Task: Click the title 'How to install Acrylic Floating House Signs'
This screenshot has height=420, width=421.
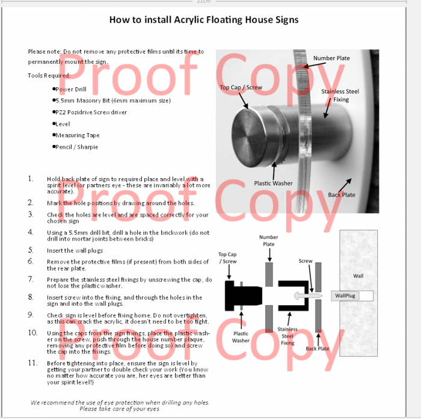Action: pos(203,20)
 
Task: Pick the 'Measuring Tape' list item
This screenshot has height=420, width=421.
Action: pos(78,135)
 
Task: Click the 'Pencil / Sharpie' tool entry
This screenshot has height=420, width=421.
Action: pos(76,147)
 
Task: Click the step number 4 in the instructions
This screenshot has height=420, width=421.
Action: pos(31,232)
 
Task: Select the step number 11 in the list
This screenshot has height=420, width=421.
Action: pos(32,363)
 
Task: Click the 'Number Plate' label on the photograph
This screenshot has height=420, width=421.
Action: pos(331,58)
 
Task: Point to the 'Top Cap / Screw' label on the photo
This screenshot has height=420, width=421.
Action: pos(241,87)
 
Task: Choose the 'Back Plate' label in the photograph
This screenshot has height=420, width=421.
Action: pos(341,195)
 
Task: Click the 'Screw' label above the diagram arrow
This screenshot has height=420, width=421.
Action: pos(306,261)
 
